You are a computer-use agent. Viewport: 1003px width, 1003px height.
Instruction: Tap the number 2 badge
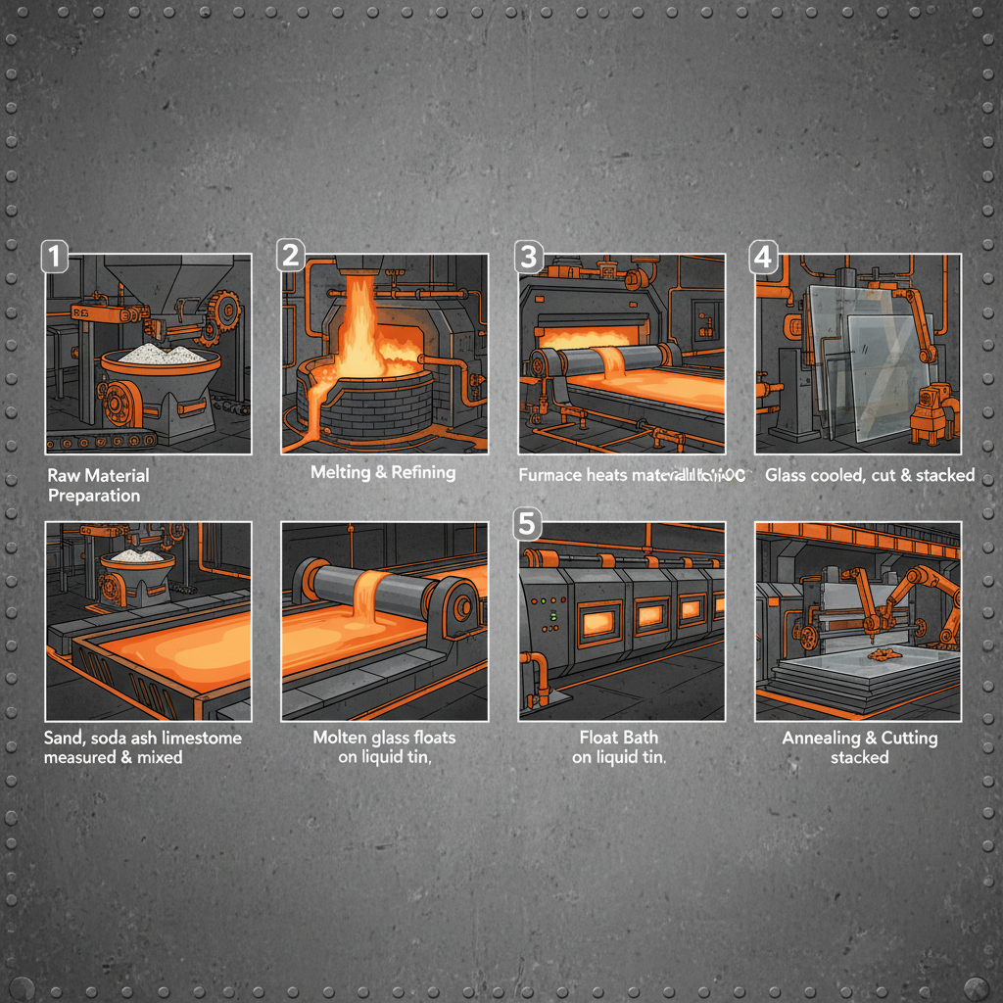coord(291,256)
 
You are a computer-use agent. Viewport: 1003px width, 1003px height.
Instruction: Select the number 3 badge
coord(529,257)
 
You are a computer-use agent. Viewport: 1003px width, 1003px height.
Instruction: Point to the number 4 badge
coord(763,257)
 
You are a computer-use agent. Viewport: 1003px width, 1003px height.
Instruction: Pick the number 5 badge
coord(527,524)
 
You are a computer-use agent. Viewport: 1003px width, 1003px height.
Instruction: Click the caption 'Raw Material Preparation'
coord(98,485)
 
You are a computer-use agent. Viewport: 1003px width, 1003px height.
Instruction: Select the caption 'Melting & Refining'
coord(383,472)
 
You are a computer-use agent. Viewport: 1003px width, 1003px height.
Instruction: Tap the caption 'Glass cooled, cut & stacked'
coord(870,475)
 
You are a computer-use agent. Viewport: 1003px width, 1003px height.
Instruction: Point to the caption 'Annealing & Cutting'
coord(859,738)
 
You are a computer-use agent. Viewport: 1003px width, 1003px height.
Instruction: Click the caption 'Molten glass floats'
coord(384,738)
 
